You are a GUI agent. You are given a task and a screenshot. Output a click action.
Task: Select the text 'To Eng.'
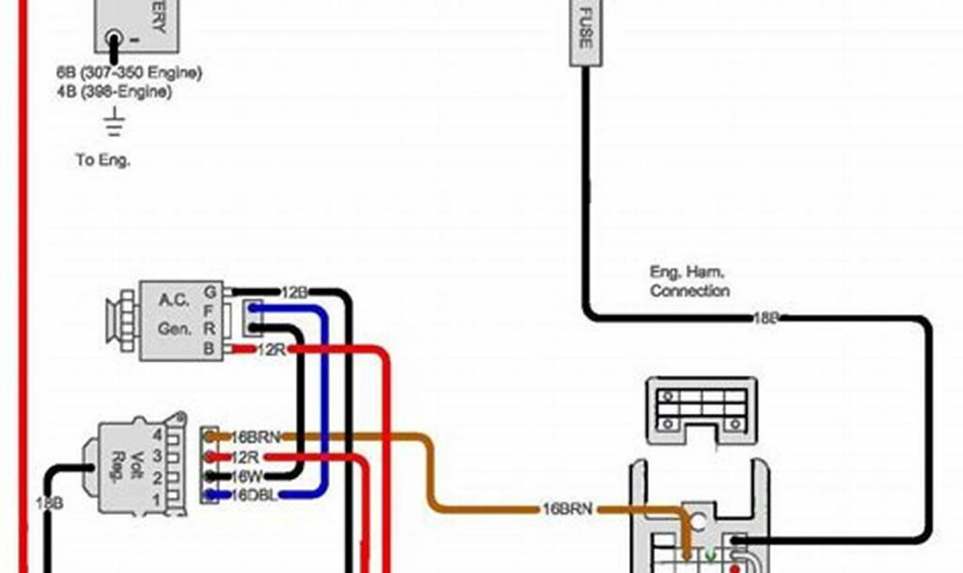click(x=103, y=160)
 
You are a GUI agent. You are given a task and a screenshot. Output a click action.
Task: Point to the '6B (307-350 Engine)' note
click(x=128, y=72)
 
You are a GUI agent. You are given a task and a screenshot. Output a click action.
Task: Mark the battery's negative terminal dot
click(x=114, y=40)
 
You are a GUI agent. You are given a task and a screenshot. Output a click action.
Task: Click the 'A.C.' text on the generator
click(x=173, y=300)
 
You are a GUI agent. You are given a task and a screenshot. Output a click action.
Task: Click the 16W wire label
click(x=247, y=476)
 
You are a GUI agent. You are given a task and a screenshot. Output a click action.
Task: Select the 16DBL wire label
click(x=254, y=495)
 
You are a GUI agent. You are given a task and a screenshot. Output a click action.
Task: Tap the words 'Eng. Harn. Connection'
click(x=689, y=281)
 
